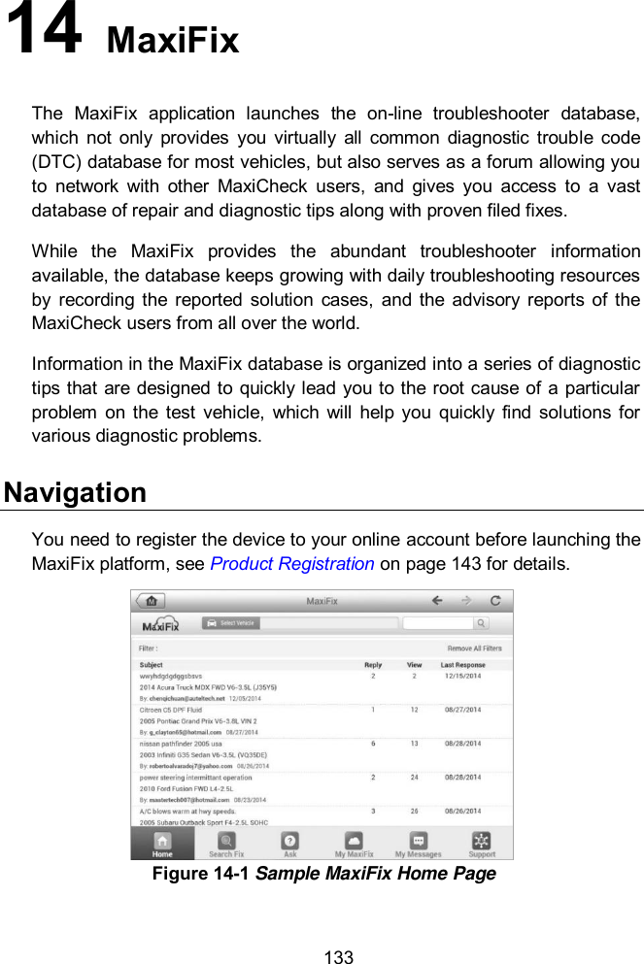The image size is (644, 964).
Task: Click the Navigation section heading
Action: click(76, 492)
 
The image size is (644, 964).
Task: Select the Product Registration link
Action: click(292, 563)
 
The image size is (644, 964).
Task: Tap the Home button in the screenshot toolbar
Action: click(162, 844)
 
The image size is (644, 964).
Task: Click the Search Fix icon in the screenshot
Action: click(226, 844)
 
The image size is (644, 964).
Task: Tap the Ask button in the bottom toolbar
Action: click(289, 844)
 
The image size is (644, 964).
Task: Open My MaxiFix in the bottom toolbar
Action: click(354, 844)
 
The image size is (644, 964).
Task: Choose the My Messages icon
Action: click(418, 844)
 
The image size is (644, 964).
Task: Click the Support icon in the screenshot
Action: click(481, 844)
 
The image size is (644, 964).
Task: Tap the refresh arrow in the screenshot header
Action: click(495, 601)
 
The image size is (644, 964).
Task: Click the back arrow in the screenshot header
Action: click(438, 601)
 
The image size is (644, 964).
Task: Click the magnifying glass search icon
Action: click(481, 623)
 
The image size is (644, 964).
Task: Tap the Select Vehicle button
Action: click(231, 623)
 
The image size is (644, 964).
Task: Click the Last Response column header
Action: click(462, 665)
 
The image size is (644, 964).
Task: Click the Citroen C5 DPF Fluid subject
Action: click(171, 711)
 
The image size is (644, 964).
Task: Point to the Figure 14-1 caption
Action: click(323, 874)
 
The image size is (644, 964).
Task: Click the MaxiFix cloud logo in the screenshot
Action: click(160, 623)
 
